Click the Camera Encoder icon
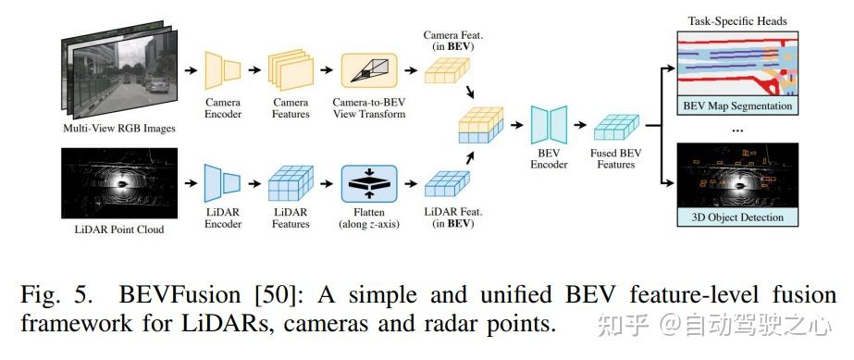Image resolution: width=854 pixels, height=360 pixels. click(x=222, y=70)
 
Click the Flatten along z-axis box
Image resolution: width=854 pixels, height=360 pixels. click(x=369, y=183)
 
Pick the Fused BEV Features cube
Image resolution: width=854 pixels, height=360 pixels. click(x=616, y=128)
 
